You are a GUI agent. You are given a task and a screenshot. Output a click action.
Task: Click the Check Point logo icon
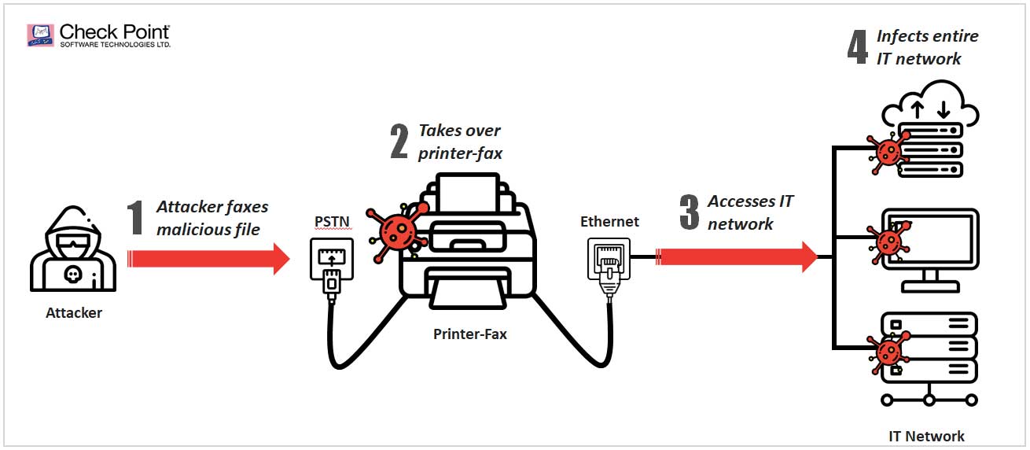[x=42, y=35]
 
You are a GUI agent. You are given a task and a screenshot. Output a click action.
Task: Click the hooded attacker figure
[x=73, y=252]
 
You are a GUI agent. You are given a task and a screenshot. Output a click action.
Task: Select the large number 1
[x=136, y=218]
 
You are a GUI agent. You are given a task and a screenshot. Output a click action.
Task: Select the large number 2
[x=399, y=142]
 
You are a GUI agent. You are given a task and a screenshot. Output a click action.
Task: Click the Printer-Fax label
[x=470, y=334]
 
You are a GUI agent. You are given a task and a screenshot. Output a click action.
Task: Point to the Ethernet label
[x=609, y=222]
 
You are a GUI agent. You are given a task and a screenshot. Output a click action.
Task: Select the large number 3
[x=689, y=212]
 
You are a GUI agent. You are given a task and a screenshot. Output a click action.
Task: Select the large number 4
[x=857, y=46]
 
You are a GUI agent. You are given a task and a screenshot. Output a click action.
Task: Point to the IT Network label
[x=926, y=436]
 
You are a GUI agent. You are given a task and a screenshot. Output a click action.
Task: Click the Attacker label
[x=74, y=312]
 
